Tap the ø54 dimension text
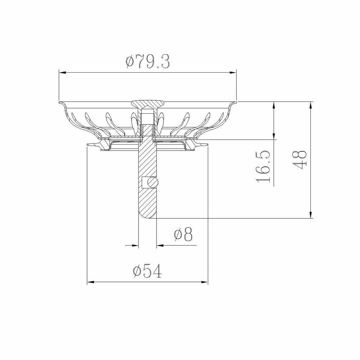pos(147,271)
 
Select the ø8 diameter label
pos(183,234)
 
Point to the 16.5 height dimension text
pos(263,166)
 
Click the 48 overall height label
pos(300,160)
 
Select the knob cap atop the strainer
pos(147,104)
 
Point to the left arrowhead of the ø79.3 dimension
pos(63,73)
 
